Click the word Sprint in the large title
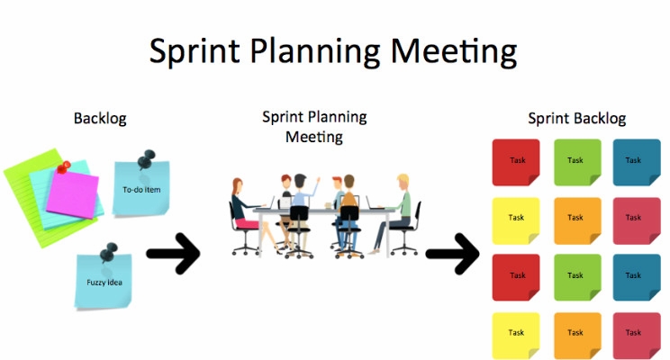(x=191, y=51)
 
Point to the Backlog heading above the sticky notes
(x=100, y=119)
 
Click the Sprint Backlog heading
(x=576, y=119)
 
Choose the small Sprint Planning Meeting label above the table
(x=314, y=127)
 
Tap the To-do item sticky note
(x=140, y=189)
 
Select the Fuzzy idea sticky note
(x=104, y=280)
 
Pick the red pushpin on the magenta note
(x=62, y=166)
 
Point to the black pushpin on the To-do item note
(x=144, y=160)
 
